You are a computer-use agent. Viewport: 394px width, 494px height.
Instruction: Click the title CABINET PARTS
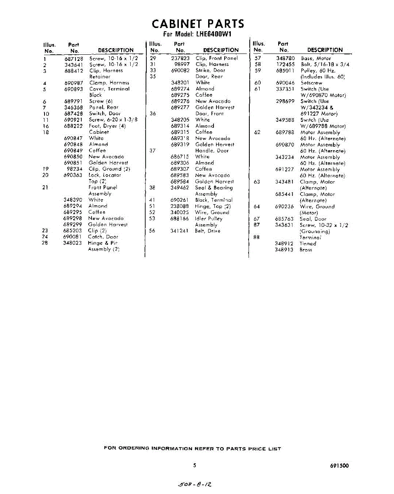tap(198, 23)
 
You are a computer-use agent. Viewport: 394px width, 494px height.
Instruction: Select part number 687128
tap(74, 58)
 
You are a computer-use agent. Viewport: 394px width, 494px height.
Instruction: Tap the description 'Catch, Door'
tap(103, 237)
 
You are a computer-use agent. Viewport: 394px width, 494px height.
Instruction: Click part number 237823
tap(180, 58)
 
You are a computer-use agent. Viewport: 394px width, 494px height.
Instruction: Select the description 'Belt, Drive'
tap(208, 231)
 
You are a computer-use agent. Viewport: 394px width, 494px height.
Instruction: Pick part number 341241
tap(180, 231)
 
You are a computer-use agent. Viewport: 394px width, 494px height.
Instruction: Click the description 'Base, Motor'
tap(316, 58)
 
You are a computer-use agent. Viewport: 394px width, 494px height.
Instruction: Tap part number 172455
tap(285, 65)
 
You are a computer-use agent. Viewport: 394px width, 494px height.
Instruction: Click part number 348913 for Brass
tap(284, 249)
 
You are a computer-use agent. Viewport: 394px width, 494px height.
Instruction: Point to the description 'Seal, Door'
tap(313, 219)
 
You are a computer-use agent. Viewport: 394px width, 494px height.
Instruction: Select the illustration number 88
tap(257, 237)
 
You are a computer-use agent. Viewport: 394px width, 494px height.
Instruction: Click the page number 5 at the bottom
tap(195, 466)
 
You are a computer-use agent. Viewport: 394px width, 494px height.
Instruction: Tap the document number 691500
tap(339, 466)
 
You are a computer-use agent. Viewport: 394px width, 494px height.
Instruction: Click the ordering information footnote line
tap(192, 449)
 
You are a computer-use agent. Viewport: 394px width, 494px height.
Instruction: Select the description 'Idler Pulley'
tap(209, 219)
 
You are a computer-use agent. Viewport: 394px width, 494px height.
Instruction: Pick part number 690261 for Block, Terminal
tap(180, 200)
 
